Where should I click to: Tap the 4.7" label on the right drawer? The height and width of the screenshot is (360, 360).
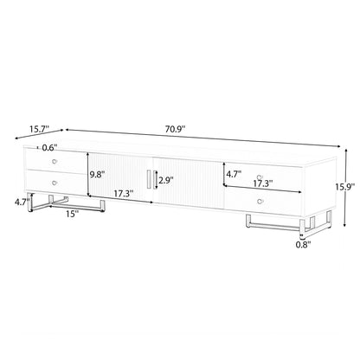[235, 174]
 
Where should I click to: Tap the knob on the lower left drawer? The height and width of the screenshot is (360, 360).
[56, 183]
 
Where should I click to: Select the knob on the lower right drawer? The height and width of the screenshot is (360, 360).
[260, 199]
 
